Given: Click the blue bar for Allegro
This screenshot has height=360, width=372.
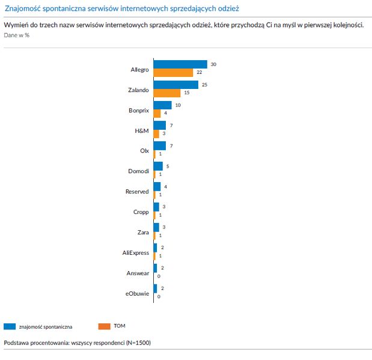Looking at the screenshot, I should [x=180, y=64].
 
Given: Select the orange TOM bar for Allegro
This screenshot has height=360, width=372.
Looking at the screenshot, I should [x=173, y=73].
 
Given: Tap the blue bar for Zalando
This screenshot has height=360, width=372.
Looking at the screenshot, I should [x=175, y=85].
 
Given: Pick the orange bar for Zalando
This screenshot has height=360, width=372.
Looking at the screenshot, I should [x=167, y=93].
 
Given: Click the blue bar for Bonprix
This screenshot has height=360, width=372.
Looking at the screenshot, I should [x=162, y=105].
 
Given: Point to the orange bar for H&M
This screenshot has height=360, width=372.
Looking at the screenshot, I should [x=156, y=134].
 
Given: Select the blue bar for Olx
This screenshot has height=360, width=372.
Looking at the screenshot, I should [x=159, y=146].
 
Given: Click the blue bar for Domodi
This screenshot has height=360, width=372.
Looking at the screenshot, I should [x=158, y=166].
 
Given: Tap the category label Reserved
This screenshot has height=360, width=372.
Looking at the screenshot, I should [x=136, y=191].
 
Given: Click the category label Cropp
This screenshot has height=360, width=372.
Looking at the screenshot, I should [x=141, y=212].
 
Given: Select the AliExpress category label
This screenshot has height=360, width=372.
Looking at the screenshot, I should [x=135, y=252].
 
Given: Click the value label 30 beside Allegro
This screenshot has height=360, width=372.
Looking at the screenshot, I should [x=213, y=64].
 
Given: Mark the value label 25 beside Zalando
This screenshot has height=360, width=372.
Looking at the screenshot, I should [x=204, y=85].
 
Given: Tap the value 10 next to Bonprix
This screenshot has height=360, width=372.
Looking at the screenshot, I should [x=177, y=105].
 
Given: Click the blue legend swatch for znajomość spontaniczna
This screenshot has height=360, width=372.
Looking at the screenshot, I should [x=9, y=326].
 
